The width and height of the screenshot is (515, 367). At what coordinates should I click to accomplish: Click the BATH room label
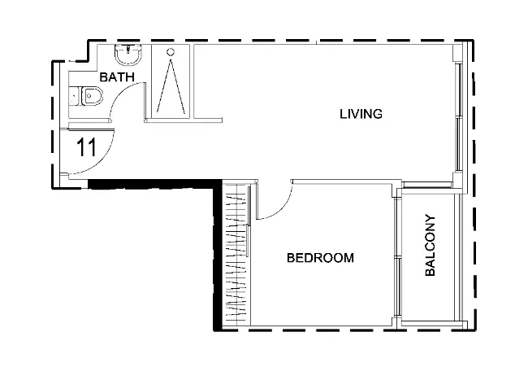[x=117, y=77]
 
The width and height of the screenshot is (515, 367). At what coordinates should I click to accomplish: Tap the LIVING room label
[x=361, y=114]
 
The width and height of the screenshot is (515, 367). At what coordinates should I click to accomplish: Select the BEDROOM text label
[x=320, y=257]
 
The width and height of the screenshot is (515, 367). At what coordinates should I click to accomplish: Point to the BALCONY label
[x=430, y=245]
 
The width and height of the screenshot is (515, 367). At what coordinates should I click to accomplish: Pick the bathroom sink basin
[x=128, y=55]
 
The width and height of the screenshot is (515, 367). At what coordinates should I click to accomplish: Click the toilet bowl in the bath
[x=92, y=96]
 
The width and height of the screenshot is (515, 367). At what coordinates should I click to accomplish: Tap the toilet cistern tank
[x=75, y=96]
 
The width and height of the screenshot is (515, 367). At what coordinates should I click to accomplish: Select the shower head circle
[x=170, y=52]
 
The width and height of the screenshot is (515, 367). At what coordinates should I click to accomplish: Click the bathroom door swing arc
[x=120, y=93]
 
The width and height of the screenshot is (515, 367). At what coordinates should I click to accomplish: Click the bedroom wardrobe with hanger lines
[x=236, y=255]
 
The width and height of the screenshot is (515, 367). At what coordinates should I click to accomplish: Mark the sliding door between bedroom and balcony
[x=398, y=257]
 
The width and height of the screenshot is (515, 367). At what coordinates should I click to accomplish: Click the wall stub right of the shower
[x=208, y=120]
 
